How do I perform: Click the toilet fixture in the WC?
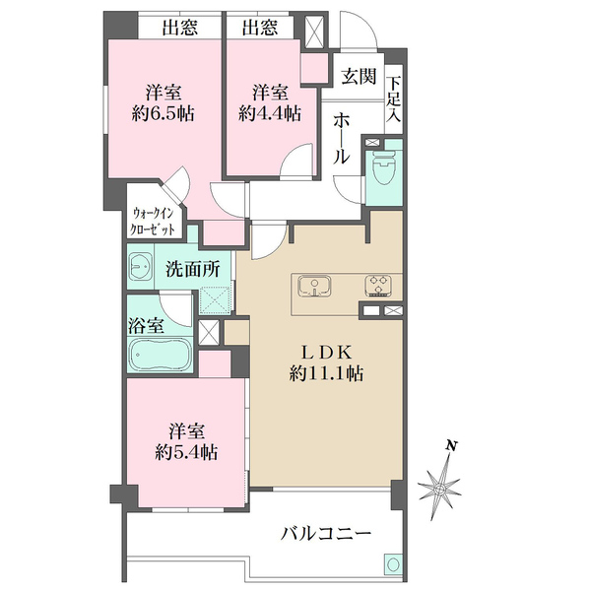(384, 167)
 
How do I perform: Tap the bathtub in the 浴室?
(161, 355)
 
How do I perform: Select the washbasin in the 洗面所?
(140, 267)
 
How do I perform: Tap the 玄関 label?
(359, 77)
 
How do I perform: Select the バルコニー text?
(326, 534)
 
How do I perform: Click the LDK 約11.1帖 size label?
(326, 363)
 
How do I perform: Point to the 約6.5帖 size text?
(163, 113)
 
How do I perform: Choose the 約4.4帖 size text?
(270, 113)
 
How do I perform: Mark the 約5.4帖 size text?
(186, 452)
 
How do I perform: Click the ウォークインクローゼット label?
(153, 222)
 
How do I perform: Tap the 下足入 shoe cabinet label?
(393, 99)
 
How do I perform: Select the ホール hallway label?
(342, 139)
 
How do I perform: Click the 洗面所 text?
(193, 270)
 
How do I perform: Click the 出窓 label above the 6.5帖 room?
(179, 28)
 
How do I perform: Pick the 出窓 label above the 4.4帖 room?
(259, 28)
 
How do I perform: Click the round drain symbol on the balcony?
(393, 564)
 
